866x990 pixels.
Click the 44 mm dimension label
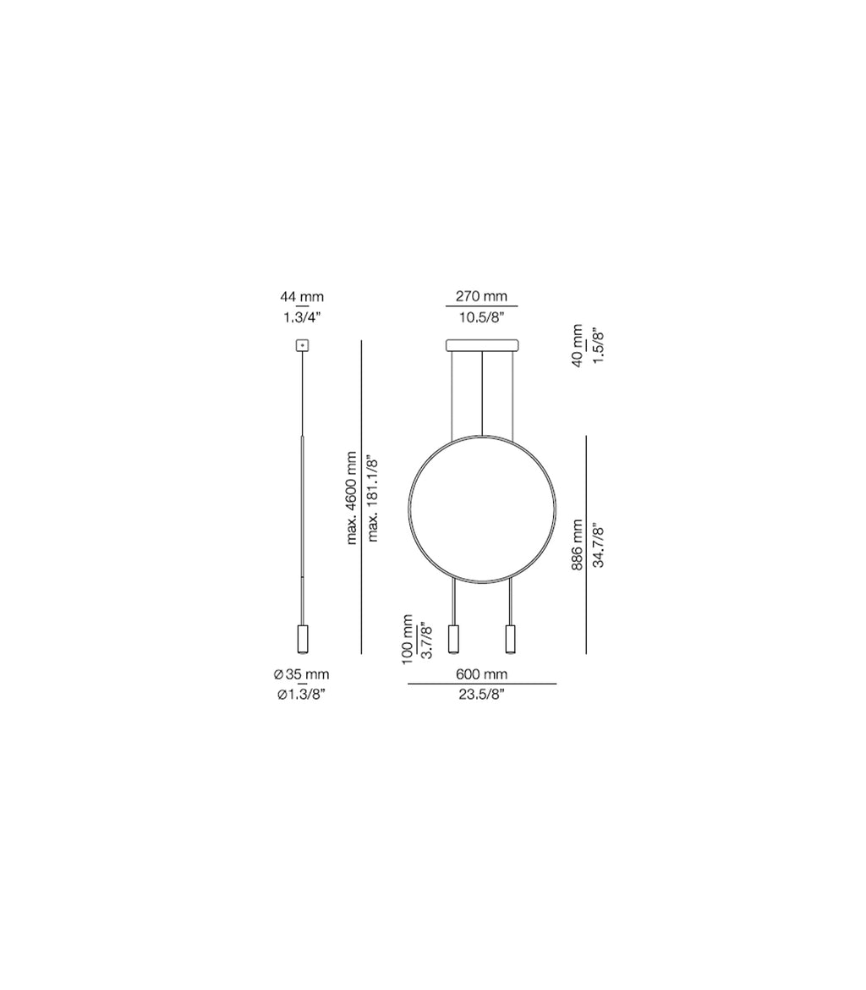(x=302, y=297)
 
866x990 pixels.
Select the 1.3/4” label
(x=302, y=317)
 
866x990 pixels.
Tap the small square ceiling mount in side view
(x=302, y=345)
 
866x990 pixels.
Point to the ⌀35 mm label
(x=302, y=674)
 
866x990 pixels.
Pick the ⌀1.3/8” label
(x=302, y=695)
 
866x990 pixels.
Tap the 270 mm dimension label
(x=481, y=297)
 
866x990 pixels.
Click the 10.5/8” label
(x=481, y=317)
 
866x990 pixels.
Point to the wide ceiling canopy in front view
(x=481, y=345)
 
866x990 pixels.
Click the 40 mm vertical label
(x=578, y=346)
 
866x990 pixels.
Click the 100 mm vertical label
(x=408, y=640)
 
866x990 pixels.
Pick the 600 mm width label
(x=482, y=674)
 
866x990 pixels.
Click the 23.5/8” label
(x=482, y=695)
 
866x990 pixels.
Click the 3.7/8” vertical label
(x=427, y=641)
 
